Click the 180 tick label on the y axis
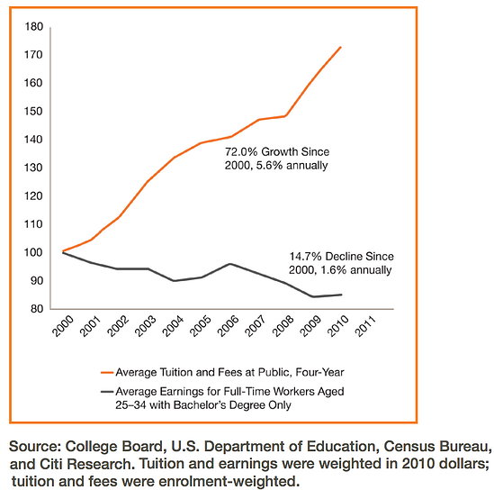tap(33, 26)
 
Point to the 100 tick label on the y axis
tap(33, 252)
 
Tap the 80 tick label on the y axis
tap(37, 309)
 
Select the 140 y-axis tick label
tap(33, 140)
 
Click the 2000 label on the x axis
tap(63, 326)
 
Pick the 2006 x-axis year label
tap(228, 326)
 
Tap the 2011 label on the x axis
tap(365, 326)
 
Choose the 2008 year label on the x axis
tap(283, 326)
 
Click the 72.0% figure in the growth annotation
tap(241, 151)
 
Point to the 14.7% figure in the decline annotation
tap(305, 257)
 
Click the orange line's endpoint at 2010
tap(341, 47)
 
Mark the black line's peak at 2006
tap(230, 264)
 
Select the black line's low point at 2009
tap(313, 296)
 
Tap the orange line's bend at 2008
tap(285, 116)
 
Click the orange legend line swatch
tap(107, 373)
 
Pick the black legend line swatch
tap(107, 392)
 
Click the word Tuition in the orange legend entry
tap(175, 372)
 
